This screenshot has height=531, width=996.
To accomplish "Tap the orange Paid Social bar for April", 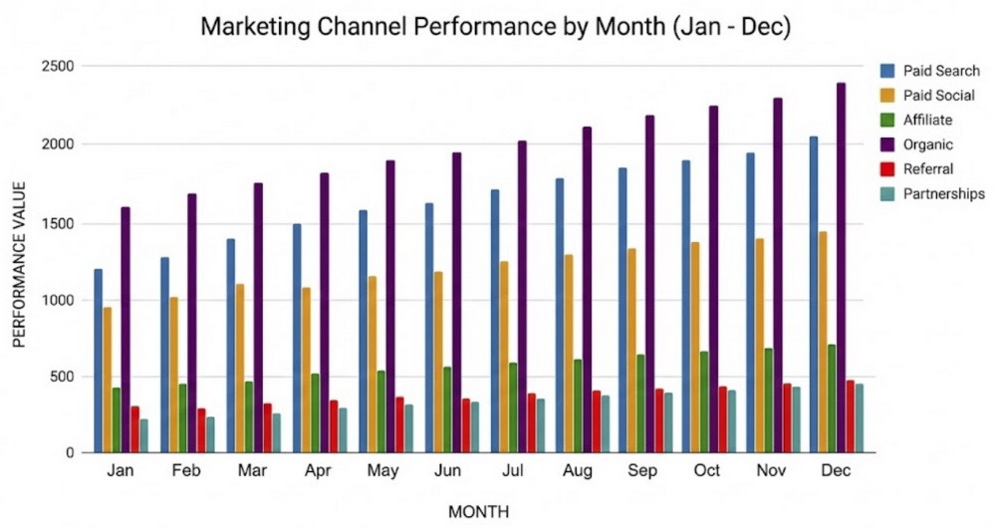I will (x=306, y=370).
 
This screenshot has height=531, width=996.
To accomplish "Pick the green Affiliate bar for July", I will (x=514, y=407).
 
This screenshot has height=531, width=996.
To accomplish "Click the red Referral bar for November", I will (x=787, y=417).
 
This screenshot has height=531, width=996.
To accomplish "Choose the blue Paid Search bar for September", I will (x=622, y=310).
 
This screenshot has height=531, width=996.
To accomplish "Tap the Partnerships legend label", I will (x=943, y=193).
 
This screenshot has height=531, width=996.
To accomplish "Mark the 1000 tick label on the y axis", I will (x=59, y=300).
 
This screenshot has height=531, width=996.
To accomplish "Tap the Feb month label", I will (x=186, y=470).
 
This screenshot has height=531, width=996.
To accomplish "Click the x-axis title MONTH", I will (x=478, y=512).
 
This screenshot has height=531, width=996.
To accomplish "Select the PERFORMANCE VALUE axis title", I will (x=19, y=263).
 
